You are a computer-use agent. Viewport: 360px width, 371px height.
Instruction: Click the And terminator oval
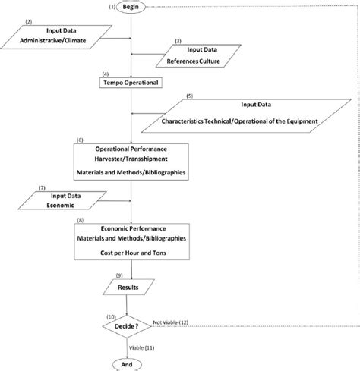pyautogui.click(x=133, y=363)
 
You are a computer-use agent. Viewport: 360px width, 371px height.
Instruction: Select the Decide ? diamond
pyautogui.click(x=133, y=327)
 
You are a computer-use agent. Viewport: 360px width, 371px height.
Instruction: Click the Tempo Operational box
pyautogui.click(x=132, y=82)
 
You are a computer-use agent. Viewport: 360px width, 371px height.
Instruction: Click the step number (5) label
pyautogui.click(x=189, y=96)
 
